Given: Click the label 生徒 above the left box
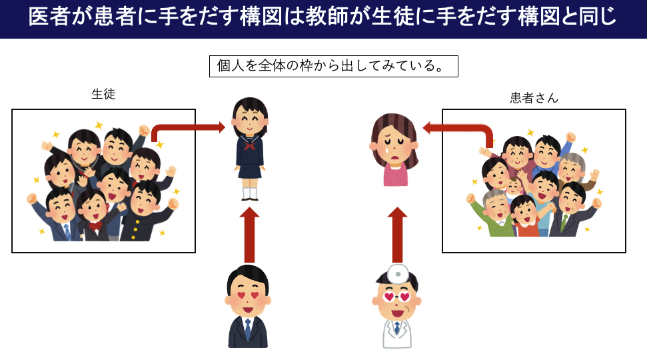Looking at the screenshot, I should coord(103,95).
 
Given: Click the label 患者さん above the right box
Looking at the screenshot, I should coord(534,98).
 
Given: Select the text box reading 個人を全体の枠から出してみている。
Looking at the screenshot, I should coord(333,66).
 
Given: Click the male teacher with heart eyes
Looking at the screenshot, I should coord(248,306).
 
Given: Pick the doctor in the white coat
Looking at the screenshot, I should coord(397,306).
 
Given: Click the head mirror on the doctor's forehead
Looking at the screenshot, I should coord(398,273).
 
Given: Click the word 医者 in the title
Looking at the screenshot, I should coord(43,18).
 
